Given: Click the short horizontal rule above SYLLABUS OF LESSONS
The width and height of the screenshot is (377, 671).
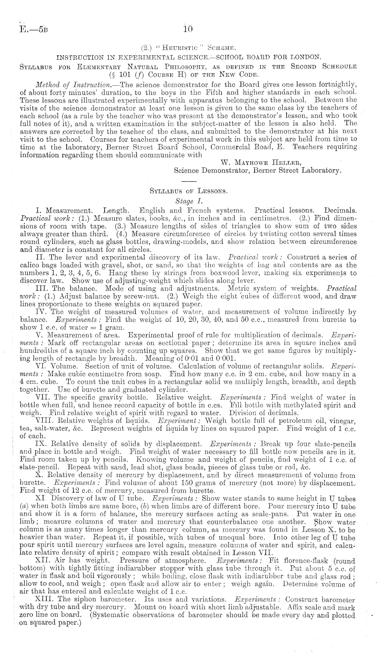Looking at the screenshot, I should coord(188,180).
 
